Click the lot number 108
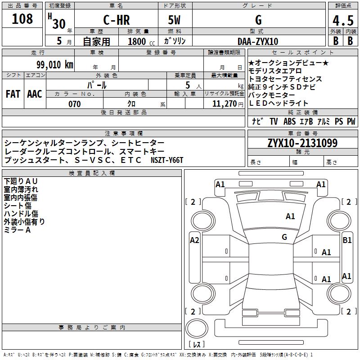[x=22, y=19]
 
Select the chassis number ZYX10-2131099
[x=302, y=143]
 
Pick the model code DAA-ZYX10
[x=258, y=41]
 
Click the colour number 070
[x=74, y=104]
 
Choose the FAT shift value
[x=13, y=94]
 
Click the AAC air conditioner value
[x=35, y=94]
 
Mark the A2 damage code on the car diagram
[x=194, y=240]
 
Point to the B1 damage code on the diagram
[x=347, y=240]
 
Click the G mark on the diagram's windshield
[x=284, y=237]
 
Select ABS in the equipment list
[x=290, y=121]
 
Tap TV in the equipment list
[x=274, y=121]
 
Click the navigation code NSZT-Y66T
[x=167, y=160]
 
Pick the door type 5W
[x=175, y=20]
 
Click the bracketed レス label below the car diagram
[x=197, y=344]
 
